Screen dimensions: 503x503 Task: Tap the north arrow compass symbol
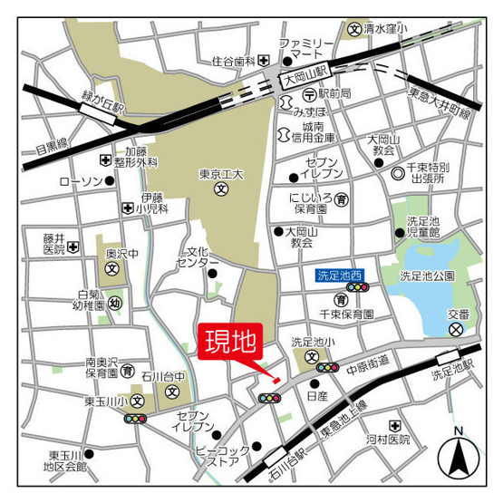(458, 455)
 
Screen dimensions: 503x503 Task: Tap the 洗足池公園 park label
(427, 276)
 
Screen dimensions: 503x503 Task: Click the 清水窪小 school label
(385, 29)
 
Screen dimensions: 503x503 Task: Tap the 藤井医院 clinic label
(54, 243)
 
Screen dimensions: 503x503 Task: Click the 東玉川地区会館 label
(67, 460)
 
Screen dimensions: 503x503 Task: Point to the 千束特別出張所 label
(428, 173)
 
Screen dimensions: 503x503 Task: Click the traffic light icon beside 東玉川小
(136, 419)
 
